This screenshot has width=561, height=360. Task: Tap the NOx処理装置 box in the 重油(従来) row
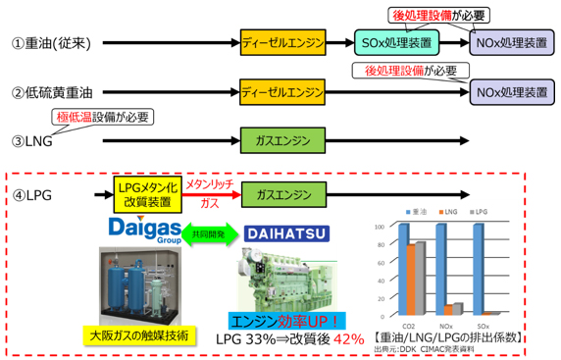pos(509,43)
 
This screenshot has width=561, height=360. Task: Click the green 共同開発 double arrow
pos(214,240)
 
